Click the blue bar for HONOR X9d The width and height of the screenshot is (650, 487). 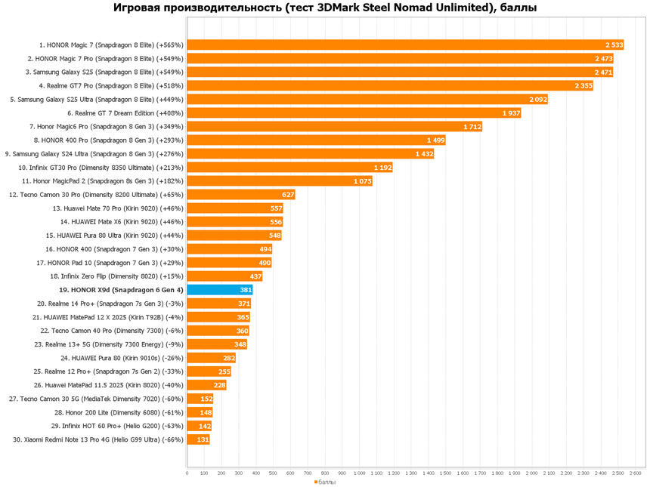coord(219,290)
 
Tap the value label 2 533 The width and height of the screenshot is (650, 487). coord(614,45)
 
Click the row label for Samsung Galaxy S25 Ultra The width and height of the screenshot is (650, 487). coord(97,100)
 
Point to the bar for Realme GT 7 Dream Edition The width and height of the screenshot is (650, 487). coord(354,113)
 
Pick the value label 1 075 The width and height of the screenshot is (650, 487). coord(363,181)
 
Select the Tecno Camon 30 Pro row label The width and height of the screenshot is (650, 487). coord(96,195)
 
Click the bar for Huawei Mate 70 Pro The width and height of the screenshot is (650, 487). coord(234,208)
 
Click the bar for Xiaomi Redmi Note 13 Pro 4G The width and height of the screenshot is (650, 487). coord(198,439)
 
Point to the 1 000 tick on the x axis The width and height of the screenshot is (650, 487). coord(359,473)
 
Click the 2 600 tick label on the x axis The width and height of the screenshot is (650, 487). coord(635,473)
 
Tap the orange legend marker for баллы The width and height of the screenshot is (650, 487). coord(316,482)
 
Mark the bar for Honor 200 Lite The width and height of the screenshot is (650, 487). coord(200,412)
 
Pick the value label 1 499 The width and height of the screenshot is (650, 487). coord(435,140)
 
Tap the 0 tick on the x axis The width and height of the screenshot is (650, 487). coord(187,473)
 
